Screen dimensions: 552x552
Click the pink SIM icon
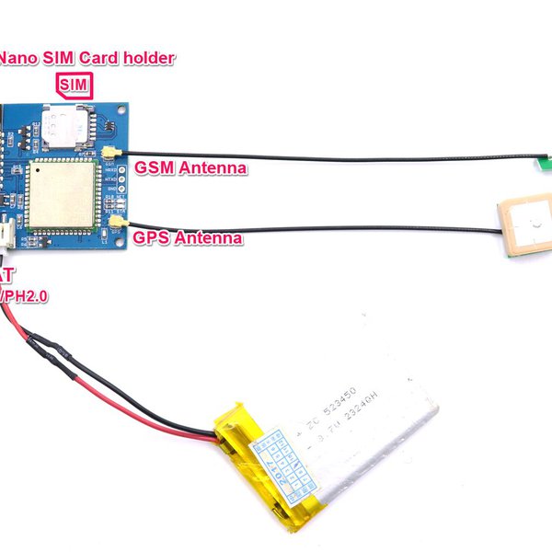click(75, 85)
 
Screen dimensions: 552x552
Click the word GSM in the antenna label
click(153, 168)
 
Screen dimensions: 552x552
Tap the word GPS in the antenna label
click(152, 238)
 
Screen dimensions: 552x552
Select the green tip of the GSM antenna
click(542, 165)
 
